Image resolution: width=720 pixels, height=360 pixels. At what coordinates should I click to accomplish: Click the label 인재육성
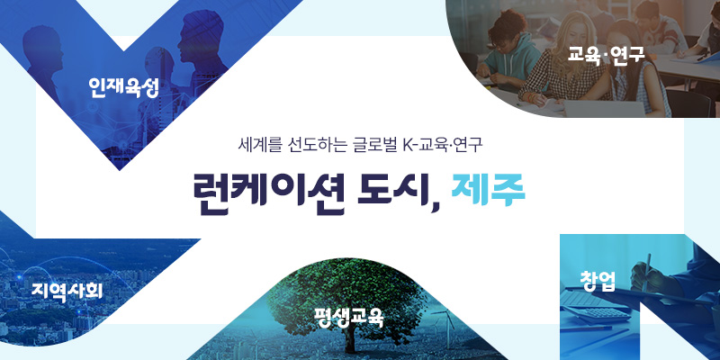[x=123, y=87]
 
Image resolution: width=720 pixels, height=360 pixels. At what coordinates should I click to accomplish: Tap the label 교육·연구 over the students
[x=606, y=54]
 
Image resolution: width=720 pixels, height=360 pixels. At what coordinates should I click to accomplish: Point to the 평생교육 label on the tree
[x=349, y=316]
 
